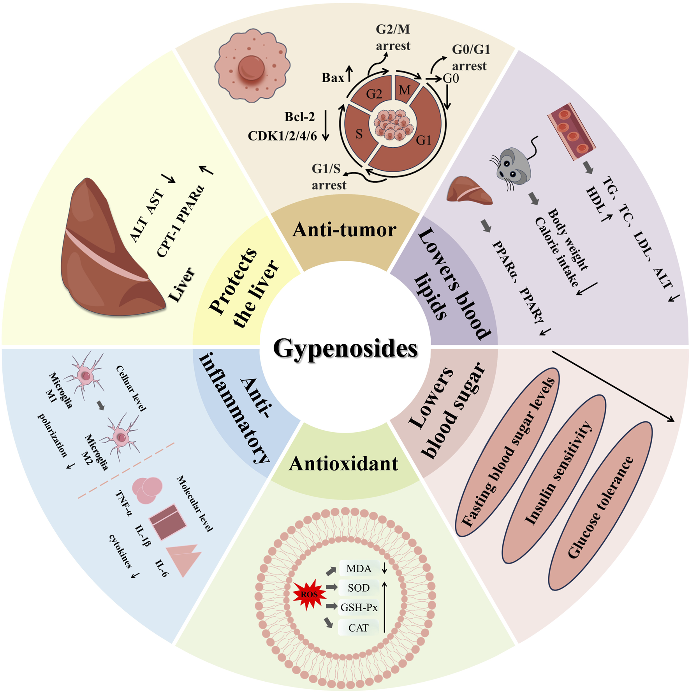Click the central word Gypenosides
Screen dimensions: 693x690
(x=345, y=348)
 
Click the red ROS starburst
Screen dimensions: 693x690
(x=309, y=594)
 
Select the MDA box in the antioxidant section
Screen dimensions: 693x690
(x=359, y=569)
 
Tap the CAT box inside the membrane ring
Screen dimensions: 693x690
(x=358, y=628)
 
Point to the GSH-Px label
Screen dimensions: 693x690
(x=359, y=607)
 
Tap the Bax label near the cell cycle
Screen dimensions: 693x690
(x=333, y=78)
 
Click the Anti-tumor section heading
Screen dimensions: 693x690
(x=344, y=230)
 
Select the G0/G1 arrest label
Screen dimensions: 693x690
(x=470, y=58)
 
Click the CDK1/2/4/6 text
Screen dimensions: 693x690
(x=282, y=136)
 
